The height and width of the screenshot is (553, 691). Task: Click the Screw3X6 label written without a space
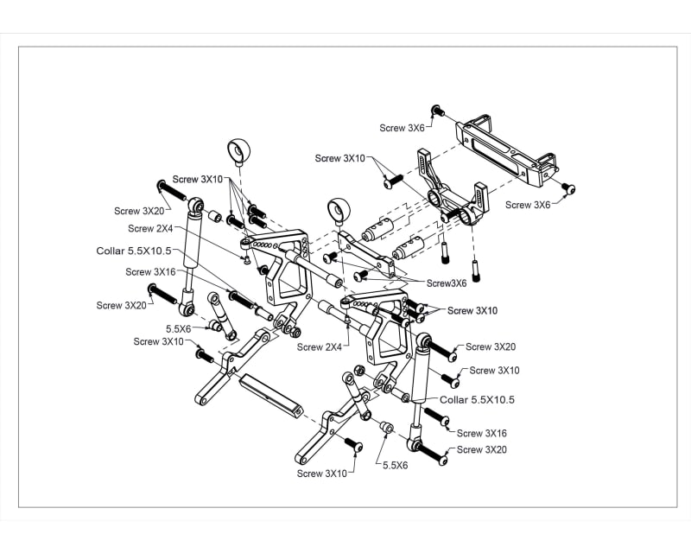click(x=447, y=283)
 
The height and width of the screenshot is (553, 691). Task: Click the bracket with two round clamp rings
click(x=452, y=194)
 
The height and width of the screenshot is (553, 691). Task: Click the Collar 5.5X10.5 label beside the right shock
click(x=477, y=400)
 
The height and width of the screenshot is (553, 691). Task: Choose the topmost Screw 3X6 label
click(x=402, y=127)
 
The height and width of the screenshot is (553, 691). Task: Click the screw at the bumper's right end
click(x=567, y=188)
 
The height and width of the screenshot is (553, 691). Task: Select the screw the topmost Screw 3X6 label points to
click(x=437, y=111)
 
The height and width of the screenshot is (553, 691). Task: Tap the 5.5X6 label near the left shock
click(x=178, y=328)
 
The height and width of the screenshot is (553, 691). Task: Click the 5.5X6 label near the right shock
click(x=396, y=464)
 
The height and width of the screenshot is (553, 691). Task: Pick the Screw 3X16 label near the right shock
click(x=481, y=433)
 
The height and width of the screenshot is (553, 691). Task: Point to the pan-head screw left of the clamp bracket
click(x=394, y=181)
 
